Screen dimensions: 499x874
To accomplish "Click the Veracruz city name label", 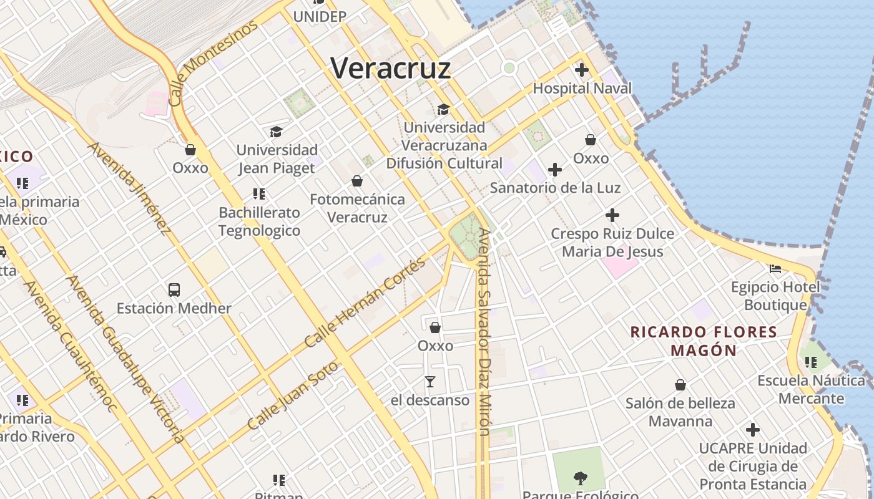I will click(x=390, y=67).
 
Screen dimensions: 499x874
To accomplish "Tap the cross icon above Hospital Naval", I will click(x=582, y=70).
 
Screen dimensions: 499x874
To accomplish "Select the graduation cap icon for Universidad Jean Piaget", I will click(x=276, y=132).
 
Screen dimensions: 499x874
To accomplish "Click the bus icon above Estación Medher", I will click(x=174, y=289).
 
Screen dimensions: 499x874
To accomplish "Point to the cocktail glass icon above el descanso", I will click(x=430, y=381).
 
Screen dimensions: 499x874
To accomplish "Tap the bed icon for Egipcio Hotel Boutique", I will click(x=775, y=269).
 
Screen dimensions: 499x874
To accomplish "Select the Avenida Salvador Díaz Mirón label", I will click(x=484, y=331).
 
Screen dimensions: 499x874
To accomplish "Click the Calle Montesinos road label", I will click(x=213, y=63).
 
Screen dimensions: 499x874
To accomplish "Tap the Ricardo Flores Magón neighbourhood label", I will click(x=704, y=341).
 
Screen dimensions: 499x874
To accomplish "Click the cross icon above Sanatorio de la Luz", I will click(x=554, y=169).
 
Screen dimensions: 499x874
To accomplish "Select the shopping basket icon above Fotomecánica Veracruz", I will click(x=357, y=181).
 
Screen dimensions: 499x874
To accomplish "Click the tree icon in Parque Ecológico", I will click(x=580, y=478).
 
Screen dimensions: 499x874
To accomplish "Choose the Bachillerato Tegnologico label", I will click(x=259, y=221).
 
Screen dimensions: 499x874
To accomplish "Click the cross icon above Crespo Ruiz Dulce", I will click(x=612, y=216).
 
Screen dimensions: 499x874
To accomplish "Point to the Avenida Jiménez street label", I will click(x=129, y=188).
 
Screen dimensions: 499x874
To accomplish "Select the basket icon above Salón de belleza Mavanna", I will click(x=680, y=385).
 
